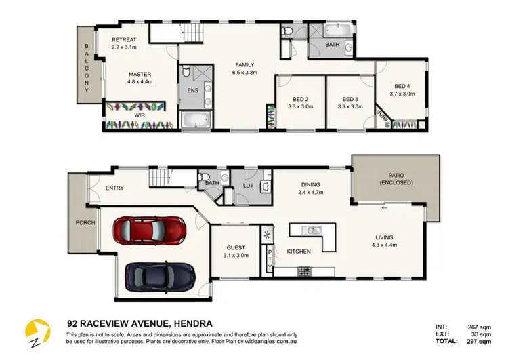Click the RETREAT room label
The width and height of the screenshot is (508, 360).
coord(124,41)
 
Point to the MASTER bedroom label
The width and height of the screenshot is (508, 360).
coord(140,75)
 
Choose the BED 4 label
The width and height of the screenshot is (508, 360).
coord(402,86)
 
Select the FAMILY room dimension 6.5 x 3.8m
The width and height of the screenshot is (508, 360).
coord(244,73)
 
